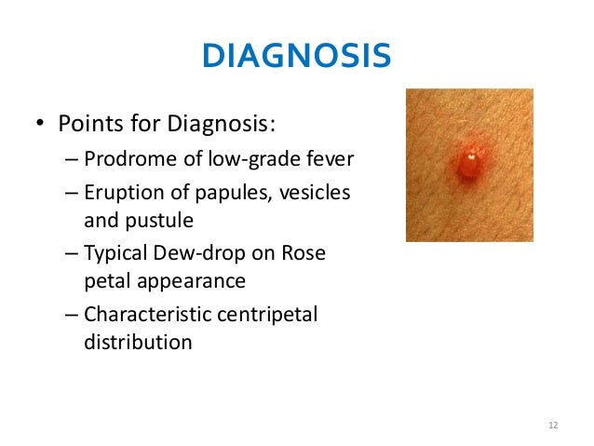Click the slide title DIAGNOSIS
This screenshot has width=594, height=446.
(x=296, y=57)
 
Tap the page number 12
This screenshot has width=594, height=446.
(x=553, y=426)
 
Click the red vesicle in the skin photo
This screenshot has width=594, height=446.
(x=470, y=164)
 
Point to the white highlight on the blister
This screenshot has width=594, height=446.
(x=472, y=158)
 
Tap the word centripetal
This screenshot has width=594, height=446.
(x=265, y=315)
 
